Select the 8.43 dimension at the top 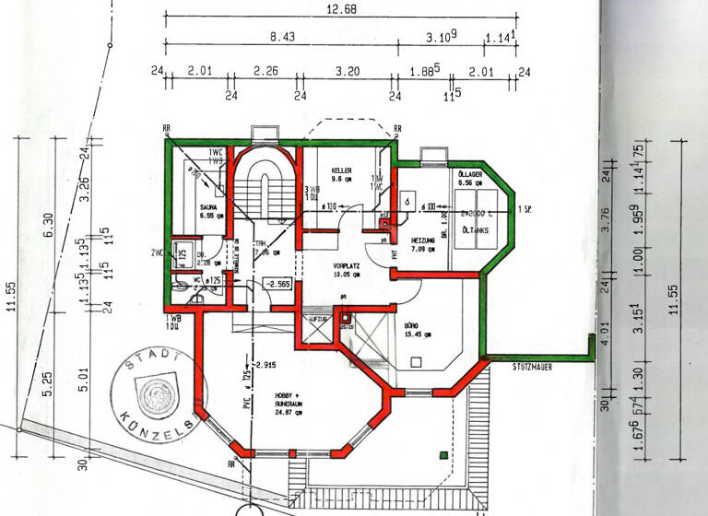click(x=282, y=38)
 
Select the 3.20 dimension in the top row click(x=347, y=70)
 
